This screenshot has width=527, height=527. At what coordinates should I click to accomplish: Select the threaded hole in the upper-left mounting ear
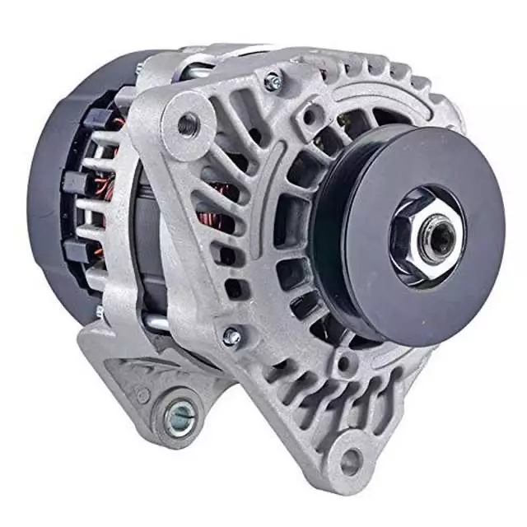(x=188, y=124)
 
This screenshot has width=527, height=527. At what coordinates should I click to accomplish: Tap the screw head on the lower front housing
(x=233, y=337)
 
